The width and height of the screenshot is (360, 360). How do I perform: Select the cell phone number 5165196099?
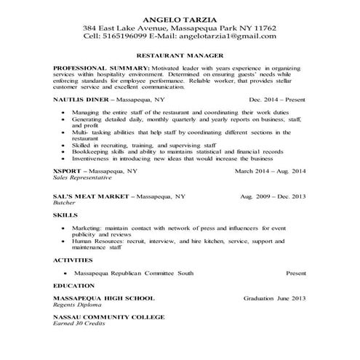123,35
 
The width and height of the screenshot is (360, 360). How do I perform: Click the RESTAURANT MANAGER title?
180,55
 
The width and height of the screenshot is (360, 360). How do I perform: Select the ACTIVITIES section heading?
73,260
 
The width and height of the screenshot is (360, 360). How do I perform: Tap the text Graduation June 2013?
274,298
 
